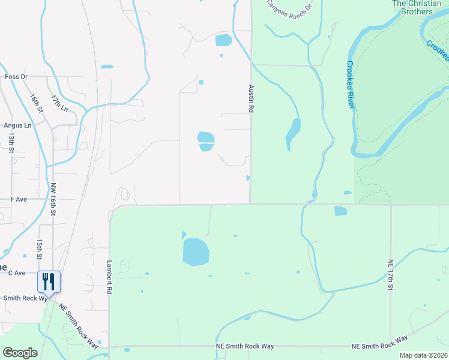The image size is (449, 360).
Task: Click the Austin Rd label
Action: point(252,98)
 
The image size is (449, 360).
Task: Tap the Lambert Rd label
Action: point(110,277)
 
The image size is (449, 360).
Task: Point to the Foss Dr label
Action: point(16,77)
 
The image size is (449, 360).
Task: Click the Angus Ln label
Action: point(17,125)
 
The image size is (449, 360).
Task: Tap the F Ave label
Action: point(19,199)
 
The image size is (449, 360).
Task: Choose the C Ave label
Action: point(17,273)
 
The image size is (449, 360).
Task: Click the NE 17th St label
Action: point(390,275)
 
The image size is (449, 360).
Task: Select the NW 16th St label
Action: point(53,199)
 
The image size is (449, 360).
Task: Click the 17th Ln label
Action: point(59,102)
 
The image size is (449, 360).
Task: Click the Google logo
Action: point(20,353)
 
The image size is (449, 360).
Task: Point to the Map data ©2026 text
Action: point(423,355)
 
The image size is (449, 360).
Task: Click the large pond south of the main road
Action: point(196,251)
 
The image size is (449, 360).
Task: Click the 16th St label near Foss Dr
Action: point(37,103)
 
